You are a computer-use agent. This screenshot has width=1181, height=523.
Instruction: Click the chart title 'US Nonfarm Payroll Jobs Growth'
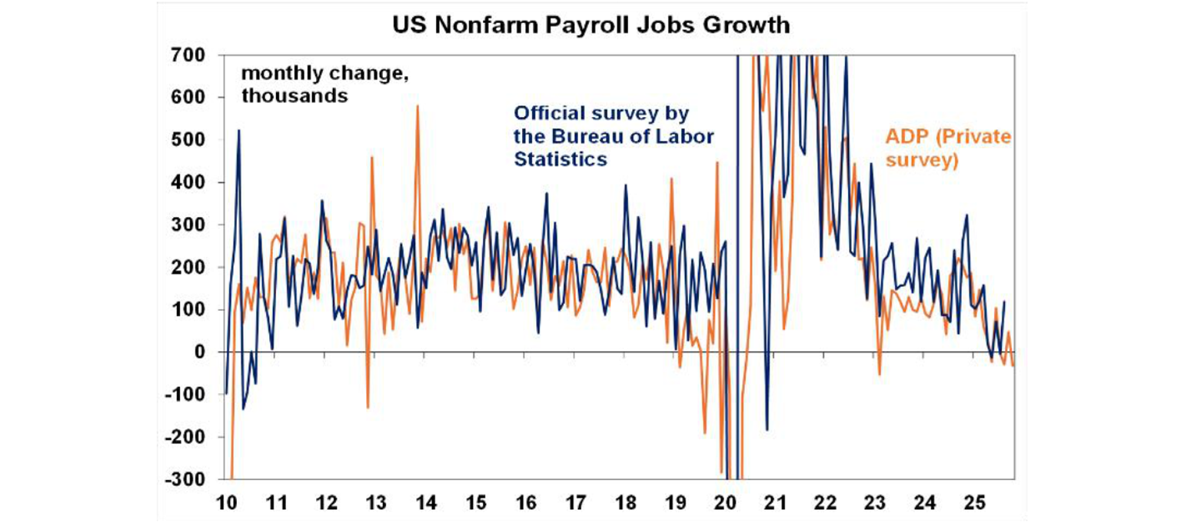[590, 25]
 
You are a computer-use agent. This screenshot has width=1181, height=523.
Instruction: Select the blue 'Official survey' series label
[614, 136]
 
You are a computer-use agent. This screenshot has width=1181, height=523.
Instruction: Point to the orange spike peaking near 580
[418, 106]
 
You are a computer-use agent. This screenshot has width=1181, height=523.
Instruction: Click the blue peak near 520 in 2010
[238, 131]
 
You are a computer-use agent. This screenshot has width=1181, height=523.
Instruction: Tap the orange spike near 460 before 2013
[371, 157]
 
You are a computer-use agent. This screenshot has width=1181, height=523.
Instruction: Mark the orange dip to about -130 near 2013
[368, 407]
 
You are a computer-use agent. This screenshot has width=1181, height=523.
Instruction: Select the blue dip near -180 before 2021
[767, 429]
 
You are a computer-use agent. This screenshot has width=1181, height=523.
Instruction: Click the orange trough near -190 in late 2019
[704, 432]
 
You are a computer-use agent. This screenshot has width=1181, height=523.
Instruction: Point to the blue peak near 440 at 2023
[871, 164]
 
